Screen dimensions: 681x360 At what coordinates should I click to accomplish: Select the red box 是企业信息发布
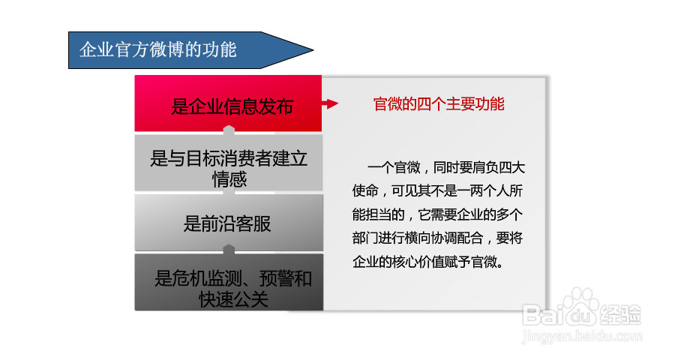(228, 103)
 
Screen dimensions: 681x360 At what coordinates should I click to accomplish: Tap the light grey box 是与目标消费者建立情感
(229, 163)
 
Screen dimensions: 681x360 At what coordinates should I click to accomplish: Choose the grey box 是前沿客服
(229, 222)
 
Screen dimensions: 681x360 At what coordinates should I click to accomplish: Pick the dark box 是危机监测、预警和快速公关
(229, 282)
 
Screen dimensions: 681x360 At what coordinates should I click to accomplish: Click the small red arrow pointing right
(330, 103)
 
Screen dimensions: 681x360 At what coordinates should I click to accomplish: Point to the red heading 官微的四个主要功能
(439, 104)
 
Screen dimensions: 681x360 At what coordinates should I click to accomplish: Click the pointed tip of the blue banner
(313, 50)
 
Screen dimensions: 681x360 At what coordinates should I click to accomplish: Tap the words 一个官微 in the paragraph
(394, 167)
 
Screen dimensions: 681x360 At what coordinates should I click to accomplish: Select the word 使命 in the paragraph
(365, 190)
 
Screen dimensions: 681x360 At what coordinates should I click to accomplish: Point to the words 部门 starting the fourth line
(365, 238)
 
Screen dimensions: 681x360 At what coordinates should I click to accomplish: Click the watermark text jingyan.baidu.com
(582, 336)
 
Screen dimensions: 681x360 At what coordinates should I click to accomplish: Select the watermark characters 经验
(620, 314)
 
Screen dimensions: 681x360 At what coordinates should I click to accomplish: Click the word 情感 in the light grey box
(229, 179)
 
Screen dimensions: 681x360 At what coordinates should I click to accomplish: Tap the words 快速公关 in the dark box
(233, 299)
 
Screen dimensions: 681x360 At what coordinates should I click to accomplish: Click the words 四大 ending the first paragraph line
(511, 167)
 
